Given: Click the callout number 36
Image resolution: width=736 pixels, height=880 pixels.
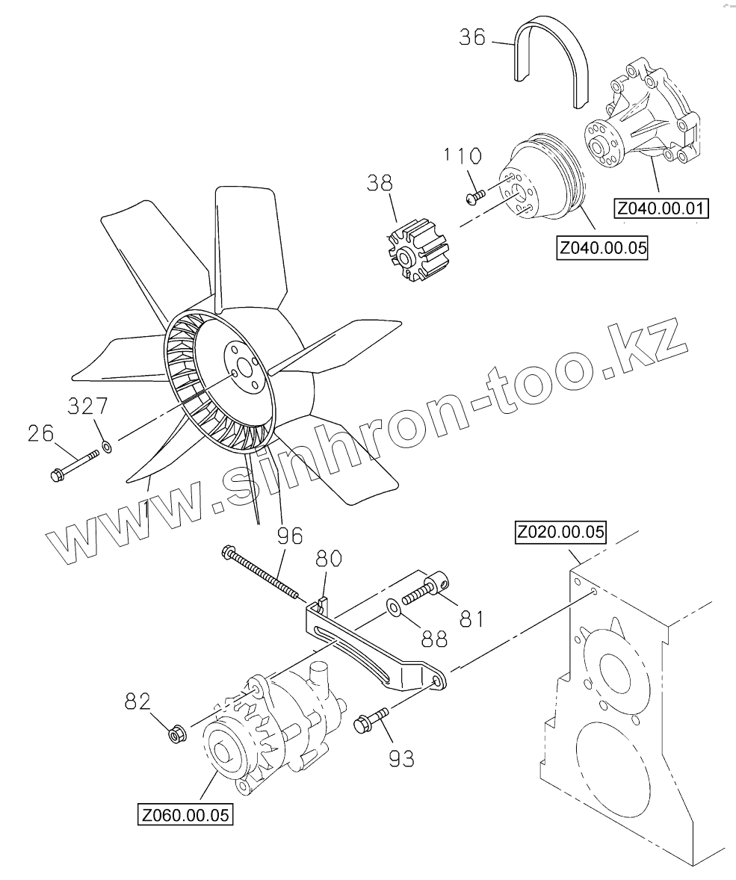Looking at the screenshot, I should click(x=471, y=37).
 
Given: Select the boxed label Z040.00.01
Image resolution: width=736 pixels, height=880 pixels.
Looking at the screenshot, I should click(x=661, y=208).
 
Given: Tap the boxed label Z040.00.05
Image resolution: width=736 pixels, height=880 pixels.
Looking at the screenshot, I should click(x=602, y=247).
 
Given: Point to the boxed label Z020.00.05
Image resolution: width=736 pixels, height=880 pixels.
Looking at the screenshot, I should click(x=560, y=533).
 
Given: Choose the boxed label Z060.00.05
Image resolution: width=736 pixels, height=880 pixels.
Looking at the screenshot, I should click(x=185, y=814).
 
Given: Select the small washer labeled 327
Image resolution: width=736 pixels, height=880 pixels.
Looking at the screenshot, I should click(x=107, y=447).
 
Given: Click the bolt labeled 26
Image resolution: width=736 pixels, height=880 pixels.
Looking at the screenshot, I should click(x=74, y=464).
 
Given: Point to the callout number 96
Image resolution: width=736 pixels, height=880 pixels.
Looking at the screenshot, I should click(x=288, y=536).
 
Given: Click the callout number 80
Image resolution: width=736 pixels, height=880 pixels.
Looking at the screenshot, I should click(x=329, y=558).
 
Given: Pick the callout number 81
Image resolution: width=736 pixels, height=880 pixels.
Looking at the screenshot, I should click(x=471, y=619).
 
